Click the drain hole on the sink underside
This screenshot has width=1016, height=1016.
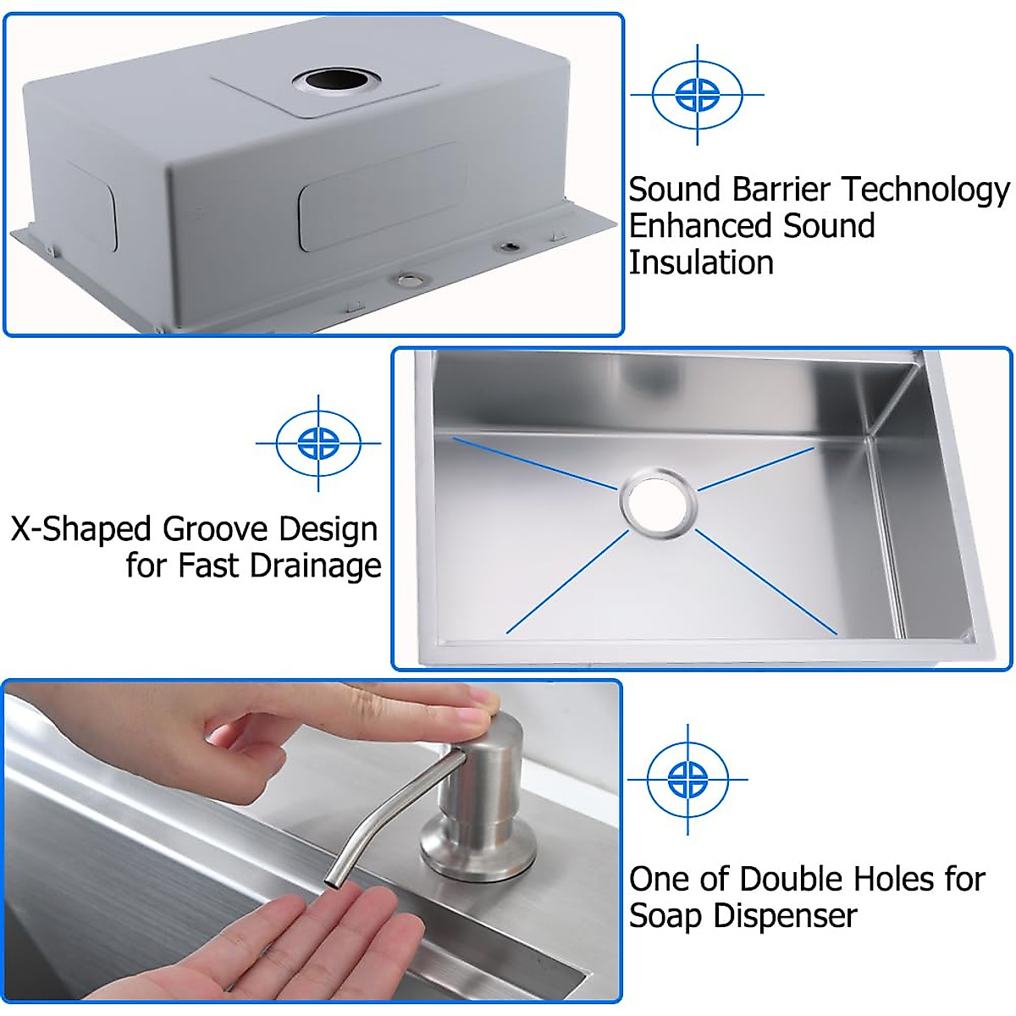click(x=336, y=82)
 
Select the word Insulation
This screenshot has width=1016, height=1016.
click(x=701, y=263)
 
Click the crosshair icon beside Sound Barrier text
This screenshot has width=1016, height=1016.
click(x=698, y=94)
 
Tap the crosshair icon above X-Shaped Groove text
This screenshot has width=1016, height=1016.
click(x=318, y=442)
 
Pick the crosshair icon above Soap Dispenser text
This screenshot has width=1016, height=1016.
click(x=687, y=779)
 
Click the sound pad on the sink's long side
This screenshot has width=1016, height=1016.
click(x=383, y=196)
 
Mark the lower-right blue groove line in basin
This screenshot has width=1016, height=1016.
click(x=766, y=583)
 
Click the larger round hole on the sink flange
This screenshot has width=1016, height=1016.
click(x=410, y=279)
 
